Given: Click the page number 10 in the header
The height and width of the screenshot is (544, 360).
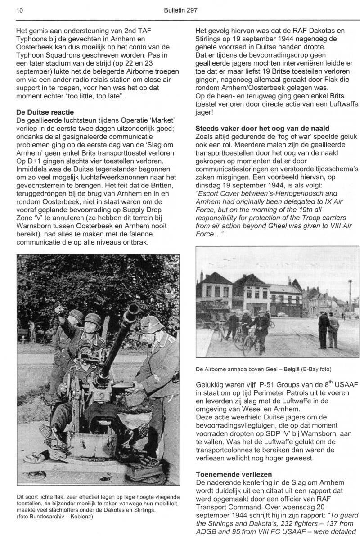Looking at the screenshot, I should click(19, 9).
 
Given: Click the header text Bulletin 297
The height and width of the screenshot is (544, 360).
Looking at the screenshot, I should click(181, 9).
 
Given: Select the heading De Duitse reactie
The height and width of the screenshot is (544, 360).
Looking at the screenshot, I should click(45, 111).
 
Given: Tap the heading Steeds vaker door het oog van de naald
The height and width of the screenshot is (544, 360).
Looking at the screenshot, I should click(262, 129).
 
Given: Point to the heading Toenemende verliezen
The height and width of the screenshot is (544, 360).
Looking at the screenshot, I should click(234, 474).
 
